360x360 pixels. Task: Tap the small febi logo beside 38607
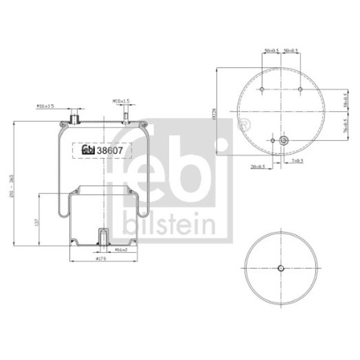[x=88, y=149]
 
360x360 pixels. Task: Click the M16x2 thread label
[x=122, y=249]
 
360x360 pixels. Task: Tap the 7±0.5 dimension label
[x=296, y=160]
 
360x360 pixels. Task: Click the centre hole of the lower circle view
[x=280, y=268]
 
